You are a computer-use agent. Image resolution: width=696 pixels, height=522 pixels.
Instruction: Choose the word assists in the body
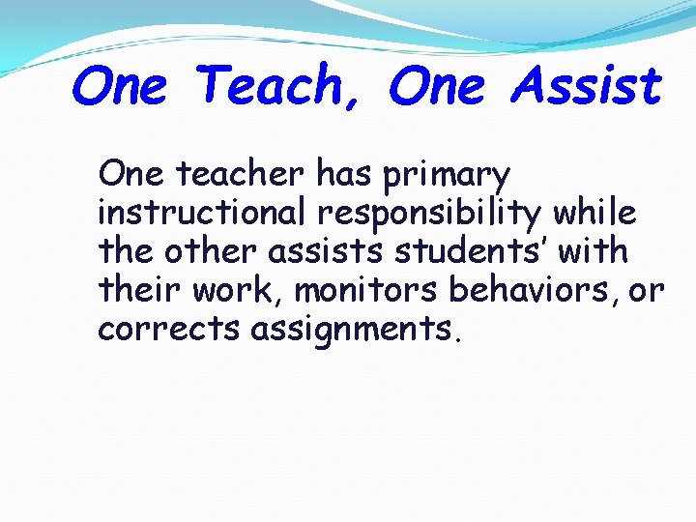[313, 251]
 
